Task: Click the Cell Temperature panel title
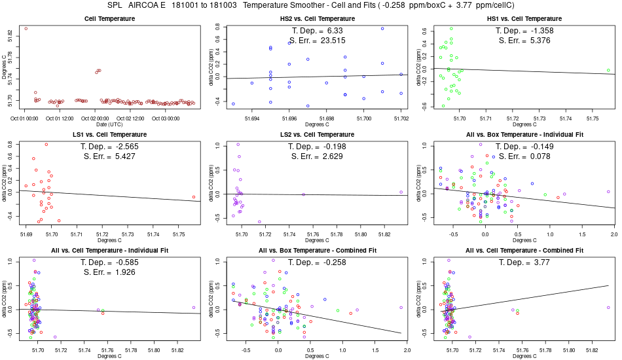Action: coord(110,18)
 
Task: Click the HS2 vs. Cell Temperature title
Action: coord(317,18)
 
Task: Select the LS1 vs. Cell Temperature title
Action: coord(110,134)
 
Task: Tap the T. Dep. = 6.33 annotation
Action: coord(317,31)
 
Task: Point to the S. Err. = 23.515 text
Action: coord(317,40)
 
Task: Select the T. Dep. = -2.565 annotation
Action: coord(110,147)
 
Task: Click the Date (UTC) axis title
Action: coord(110,124)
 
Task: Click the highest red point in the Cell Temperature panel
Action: coord(26,29)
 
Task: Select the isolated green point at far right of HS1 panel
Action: coord(608,70)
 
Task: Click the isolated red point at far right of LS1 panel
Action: coord(194,197)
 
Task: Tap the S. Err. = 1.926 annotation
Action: coord(110,272)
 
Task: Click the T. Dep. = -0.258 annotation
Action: coord(317,262)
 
